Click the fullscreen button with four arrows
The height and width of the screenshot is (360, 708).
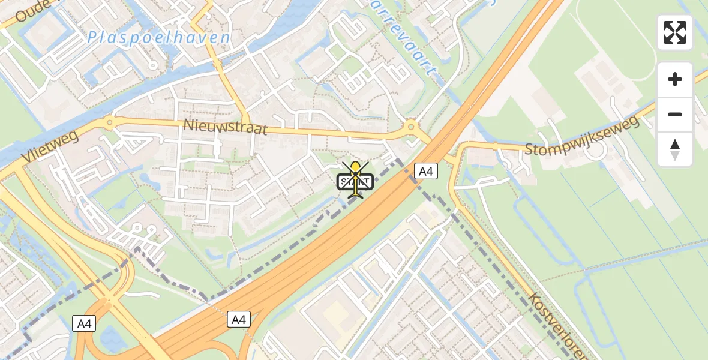pos(675,32)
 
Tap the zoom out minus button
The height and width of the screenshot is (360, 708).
pos(675,114)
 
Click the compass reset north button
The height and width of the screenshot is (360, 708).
pos(675,149)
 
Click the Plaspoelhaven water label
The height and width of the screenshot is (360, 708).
pos(158,38)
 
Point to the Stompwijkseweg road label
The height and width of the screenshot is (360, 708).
pos(582,137)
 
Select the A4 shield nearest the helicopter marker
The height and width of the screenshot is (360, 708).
pos(425,172)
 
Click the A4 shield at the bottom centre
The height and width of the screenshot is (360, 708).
pos(238,320)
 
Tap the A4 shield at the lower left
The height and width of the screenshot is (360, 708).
pos(83,324)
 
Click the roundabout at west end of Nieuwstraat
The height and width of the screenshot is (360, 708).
pos(109,124)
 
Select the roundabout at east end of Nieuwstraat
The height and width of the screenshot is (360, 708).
pos(411,127)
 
